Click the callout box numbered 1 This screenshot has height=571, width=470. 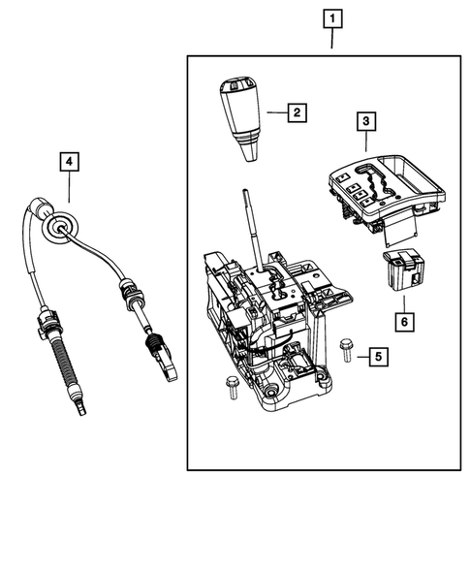point(333,18)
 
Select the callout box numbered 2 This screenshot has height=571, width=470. point(297,112)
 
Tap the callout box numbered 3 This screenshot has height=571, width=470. point(365,122)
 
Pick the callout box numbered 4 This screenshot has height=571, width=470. point(69,162)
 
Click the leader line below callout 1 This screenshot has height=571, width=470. point(333,41)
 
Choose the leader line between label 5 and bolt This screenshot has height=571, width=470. point(361,358)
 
